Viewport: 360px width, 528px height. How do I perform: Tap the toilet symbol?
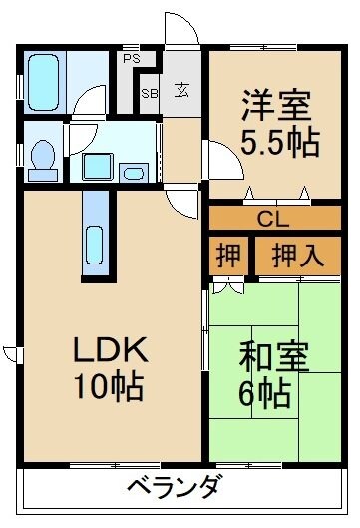pyautogui.click(x=43, y=157)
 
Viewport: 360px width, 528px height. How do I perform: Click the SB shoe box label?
pyautogui.click(x=149, y=93)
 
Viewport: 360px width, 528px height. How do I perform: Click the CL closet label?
pyautogui.click(x=267, y=218)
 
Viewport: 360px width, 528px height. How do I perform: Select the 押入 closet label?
pyautogui.click(x=296, y=254)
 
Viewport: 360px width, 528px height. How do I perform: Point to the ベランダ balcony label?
pyautogui.click(x=174, y=489)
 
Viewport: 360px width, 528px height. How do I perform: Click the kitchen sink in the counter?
pyautogui.click(x=97, y=244)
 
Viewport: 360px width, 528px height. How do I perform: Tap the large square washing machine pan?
pyautogui.click(x=97, y=165)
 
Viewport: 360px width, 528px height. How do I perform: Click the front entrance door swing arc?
pyautogui.click(x=183, y=30)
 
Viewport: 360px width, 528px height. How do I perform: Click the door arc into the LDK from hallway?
pyautogui.click(x=184, y=202)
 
